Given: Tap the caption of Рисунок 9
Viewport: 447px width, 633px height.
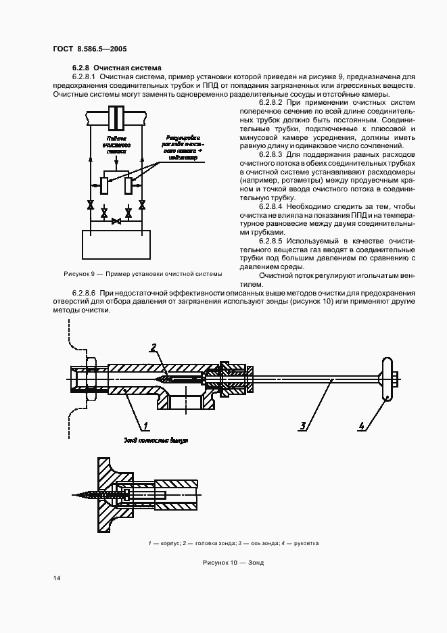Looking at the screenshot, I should pyautogui.click(x=142, y=273).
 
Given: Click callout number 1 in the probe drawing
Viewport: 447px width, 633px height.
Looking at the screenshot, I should pyautogui.click(x=144, y=426).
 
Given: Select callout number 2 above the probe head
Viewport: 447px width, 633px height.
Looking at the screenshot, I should pyautogui.click(x=154, y=348).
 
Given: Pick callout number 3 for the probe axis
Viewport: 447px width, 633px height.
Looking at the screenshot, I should pyautogui.click(x=304, y=426).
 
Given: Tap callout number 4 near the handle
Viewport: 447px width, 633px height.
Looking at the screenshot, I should pyautogui.click(x=362, y=426).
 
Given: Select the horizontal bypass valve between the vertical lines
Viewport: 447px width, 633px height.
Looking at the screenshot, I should pyautogui.click(x=116, y=220).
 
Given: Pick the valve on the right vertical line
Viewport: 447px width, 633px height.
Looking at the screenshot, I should pyautogui.click(x=140, y=205).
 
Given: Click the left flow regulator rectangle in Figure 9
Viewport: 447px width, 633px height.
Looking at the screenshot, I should pyautogui.click(x=103, y=184).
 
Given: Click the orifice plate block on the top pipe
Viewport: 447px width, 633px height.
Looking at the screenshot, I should pyautogui.click(x=116, y=118).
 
